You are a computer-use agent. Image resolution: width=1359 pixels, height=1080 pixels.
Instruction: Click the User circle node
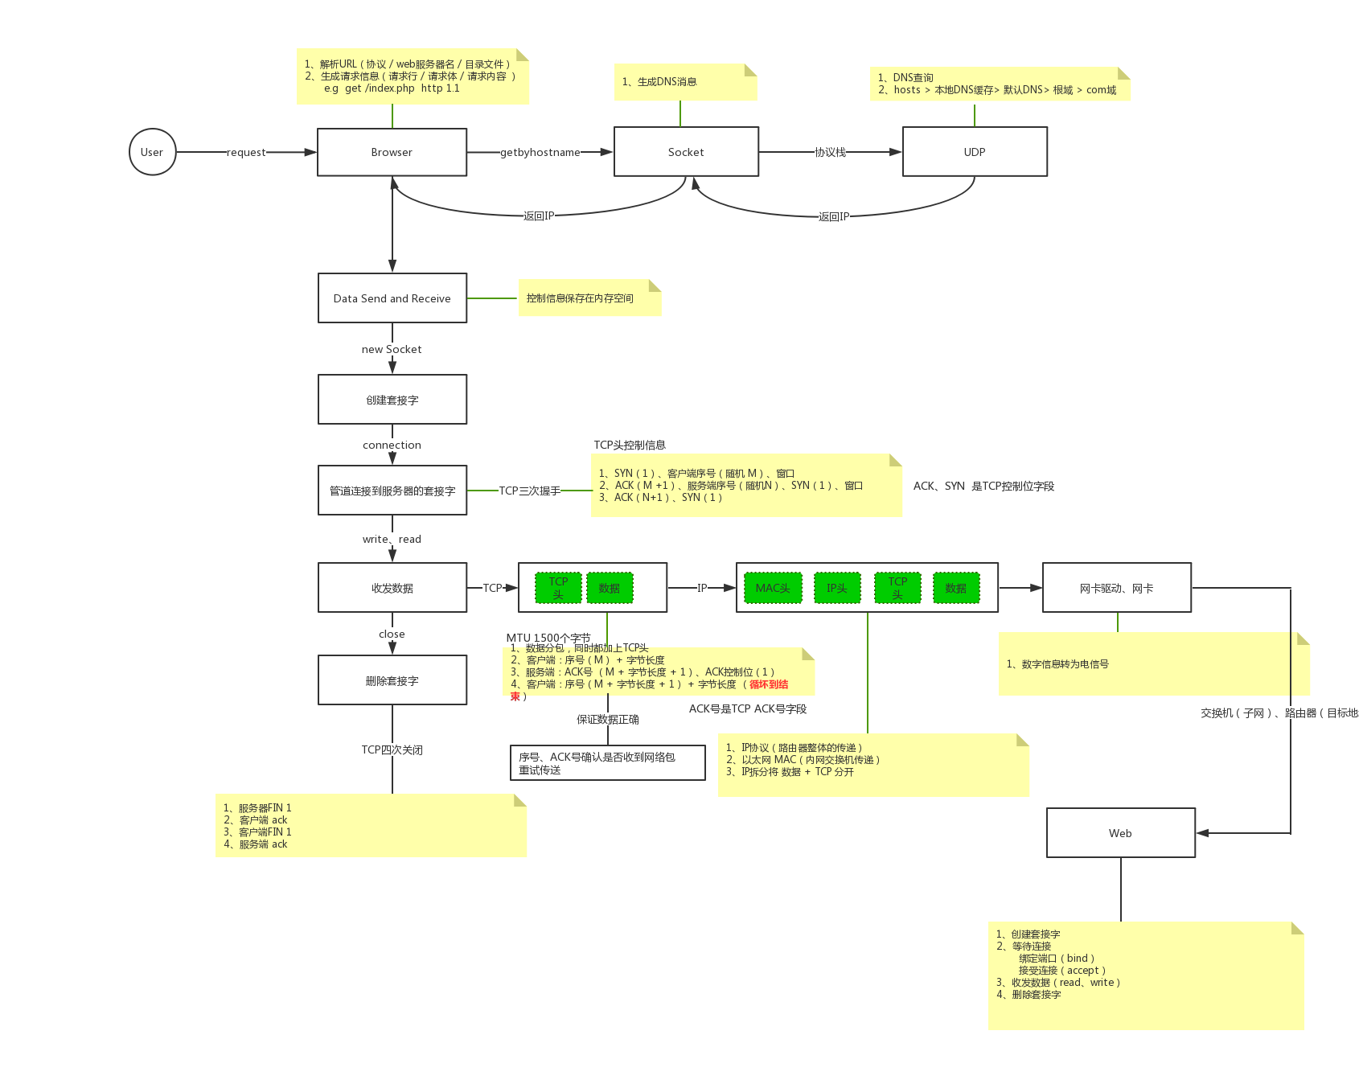[x=152, y=152]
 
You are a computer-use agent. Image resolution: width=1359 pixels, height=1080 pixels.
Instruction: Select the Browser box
[x=392, y=152]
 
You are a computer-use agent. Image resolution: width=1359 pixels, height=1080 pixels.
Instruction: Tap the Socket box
[x=686, y=152]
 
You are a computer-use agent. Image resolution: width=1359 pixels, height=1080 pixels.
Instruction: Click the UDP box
[x=975, y=152]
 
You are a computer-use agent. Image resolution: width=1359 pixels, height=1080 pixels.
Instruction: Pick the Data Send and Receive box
[x=392, y=298]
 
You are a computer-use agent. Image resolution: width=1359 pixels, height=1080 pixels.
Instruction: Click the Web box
[x=1120, y=833]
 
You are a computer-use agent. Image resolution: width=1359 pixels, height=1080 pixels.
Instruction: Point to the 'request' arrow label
[x=246, y=152]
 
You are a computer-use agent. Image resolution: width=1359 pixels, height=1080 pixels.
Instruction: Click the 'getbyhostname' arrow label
[x=540, y=152]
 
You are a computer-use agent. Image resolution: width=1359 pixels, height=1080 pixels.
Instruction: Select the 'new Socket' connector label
[x=392, y=349]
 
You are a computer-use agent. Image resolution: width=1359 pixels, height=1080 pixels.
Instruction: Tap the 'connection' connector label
[x=392, y=445]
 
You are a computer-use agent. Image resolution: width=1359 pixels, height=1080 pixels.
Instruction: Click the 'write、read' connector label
[x=392, y=539]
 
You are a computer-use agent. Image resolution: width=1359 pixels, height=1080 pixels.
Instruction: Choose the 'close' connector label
[x=392, y=634]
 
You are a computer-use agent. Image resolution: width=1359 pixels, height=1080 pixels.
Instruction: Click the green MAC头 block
[x=773, y=588]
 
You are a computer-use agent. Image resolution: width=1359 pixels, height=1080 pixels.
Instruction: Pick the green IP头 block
[x=837, y=588]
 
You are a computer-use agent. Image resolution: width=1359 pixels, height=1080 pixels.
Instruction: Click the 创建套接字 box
[x=392, y=400]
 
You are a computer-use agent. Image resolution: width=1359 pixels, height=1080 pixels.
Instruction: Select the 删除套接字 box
[x=392, y=680]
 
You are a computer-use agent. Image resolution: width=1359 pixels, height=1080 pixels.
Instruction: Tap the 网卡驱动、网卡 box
[x=1116, y=588]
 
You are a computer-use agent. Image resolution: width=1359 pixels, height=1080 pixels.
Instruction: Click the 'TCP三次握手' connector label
[x=529, y=491]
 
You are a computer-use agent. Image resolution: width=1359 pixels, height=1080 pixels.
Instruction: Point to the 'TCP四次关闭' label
[x=392, y=749]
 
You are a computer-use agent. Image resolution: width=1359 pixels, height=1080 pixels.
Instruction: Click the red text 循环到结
[x=769, y=684]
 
